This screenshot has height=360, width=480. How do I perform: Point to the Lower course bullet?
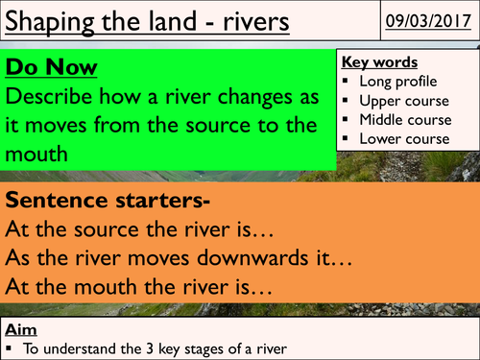click(x=402, y=139)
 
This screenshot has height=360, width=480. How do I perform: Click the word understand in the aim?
click(x=66, y=347)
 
